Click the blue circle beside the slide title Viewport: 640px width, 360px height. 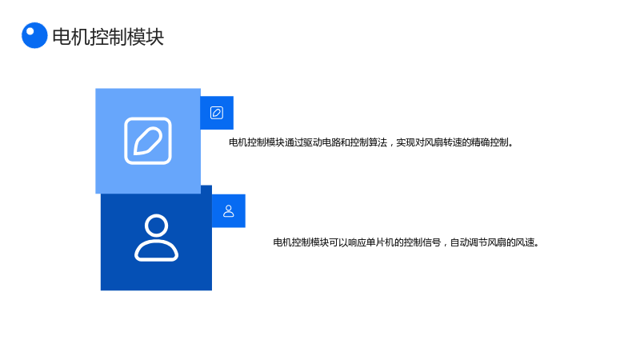tap(34, 35)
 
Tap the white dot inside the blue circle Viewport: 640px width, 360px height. tap(30, 31)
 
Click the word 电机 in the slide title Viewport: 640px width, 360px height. tap(71, 37)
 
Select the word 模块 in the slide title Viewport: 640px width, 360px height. tap(146, 37)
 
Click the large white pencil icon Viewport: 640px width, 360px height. tap(148, 141)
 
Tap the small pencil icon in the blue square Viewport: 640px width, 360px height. tap(217, 113)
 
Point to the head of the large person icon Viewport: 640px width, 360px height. tap(156, 226)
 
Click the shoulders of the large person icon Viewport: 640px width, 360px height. tap(156, 250)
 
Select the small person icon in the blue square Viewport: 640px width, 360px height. tap(229, 211)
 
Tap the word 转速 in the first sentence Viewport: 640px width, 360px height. tap(452, 142)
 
